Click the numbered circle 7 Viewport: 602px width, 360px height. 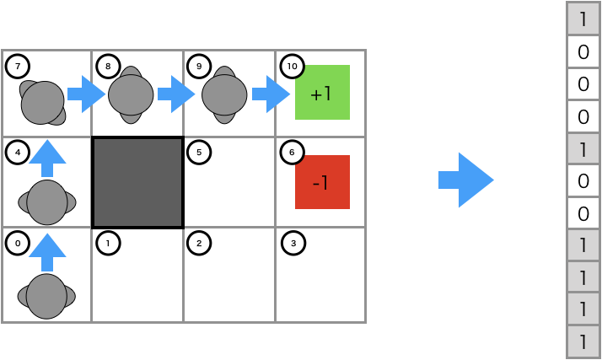18,67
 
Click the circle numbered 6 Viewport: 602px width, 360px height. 292,153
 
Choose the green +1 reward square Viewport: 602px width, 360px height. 322,93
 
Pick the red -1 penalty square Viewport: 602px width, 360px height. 322,182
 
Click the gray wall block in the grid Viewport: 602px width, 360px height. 137,182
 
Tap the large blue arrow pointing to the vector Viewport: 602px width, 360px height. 465,180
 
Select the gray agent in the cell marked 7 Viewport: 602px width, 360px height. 43,102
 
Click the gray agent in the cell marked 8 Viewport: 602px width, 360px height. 131,95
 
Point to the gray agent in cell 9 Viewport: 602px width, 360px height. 224,95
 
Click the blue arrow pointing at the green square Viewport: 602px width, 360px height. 271,94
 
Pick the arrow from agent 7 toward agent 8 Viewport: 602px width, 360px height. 86,94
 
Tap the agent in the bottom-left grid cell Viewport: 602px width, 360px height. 46,296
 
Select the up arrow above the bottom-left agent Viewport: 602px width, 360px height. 47,250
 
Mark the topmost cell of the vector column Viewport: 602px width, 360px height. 582,19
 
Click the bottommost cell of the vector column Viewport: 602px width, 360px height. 582,341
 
